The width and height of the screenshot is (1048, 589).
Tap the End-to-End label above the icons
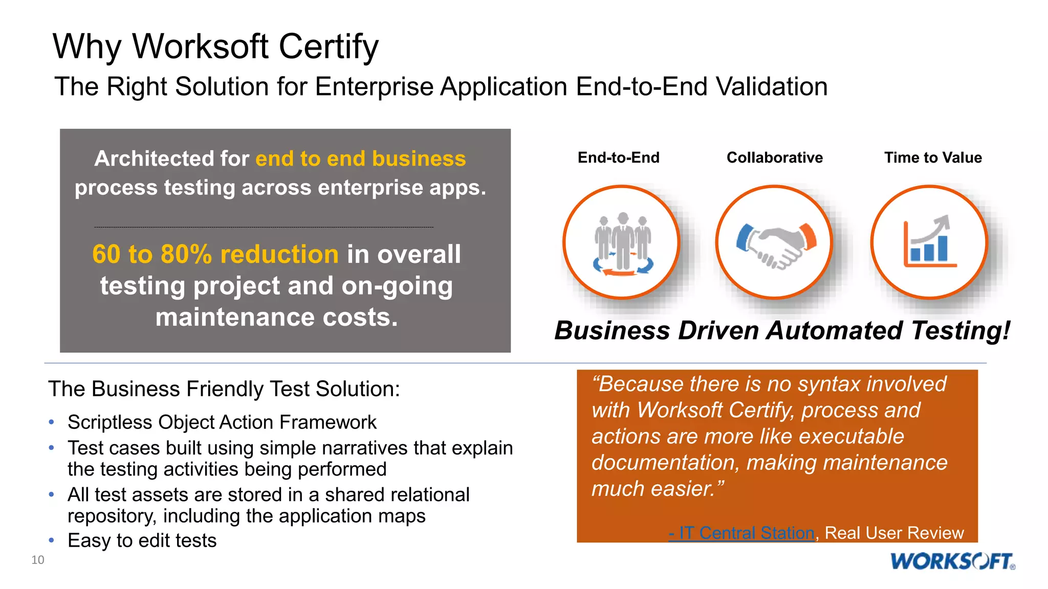[618, 157]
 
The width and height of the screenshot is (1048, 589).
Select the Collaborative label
[774, 157]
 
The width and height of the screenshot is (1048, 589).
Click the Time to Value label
[932, 157]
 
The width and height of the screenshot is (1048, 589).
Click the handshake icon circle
[774, 242]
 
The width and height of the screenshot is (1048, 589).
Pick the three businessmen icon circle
[621, 242]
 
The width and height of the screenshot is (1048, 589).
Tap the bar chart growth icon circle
[929, 242]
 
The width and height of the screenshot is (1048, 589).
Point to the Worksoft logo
[952, 561]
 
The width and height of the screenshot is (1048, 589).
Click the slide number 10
[38, 560]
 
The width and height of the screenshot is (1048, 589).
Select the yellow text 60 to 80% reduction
[215, 254]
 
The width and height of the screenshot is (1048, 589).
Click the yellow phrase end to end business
[360, 158]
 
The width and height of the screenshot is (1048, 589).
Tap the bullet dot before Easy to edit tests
[51, 540]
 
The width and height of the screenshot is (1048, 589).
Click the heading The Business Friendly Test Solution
[224, 389]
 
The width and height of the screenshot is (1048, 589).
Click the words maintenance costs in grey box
[276, 318]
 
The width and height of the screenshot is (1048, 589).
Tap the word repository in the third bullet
[111, 516]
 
